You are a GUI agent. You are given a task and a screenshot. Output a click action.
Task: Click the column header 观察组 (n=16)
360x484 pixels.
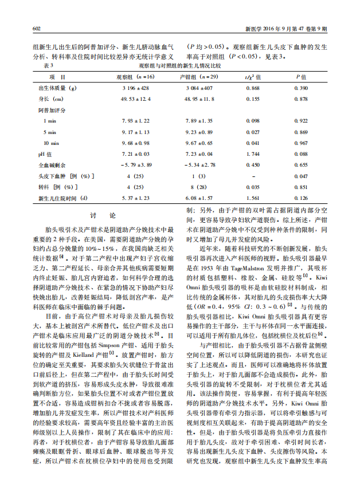click(135, 77)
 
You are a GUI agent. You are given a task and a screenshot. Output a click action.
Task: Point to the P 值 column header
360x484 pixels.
click(301, 77)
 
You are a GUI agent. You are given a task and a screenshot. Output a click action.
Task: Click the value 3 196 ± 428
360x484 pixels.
click(135, 89)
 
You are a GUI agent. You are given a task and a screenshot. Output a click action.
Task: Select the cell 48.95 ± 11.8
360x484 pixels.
click(199, 99)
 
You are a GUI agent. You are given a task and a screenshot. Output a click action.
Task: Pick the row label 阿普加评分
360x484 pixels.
click(52, 110)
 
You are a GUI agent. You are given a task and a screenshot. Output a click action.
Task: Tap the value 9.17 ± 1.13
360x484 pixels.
click(135, 132)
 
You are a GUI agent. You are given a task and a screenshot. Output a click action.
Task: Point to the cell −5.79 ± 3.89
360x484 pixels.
click(135, 165)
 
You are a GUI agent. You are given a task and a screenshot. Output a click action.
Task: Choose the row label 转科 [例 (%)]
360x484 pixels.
click(57, 187)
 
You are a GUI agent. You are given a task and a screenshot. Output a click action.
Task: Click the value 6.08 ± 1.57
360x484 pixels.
click(199, 198)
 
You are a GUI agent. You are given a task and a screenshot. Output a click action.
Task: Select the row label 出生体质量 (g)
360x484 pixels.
click(57, 89)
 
